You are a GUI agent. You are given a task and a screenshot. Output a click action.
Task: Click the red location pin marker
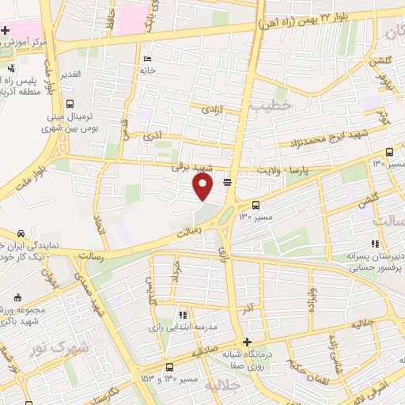pyautogui.click(x=203, y=187)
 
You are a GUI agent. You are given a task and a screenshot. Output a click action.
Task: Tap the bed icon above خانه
pyautogui.click(x=147, y=59)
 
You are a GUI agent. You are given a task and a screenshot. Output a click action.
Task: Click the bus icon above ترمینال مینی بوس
pyautogui.click(x=70, y=104)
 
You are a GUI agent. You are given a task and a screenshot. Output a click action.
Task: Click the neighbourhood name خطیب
pyautogui.click(x=271, y=104)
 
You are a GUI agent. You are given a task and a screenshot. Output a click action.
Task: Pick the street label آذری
pyautogui.click(x=152, y=138)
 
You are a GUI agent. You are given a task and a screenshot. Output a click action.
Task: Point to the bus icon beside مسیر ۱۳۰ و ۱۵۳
pyautogui.click(x=170, y=367)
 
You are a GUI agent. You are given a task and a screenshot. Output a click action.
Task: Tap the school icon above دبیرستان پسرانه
pyautogui.click(x=374, y=244)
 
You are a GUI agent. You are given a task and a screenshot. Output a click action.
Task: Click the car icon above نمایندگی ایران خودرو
pyautogui.click(x=20, y=234)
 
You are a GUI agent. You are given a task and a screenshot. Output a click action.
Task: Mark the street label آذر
pyautogui.click(x=249, y=305)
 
